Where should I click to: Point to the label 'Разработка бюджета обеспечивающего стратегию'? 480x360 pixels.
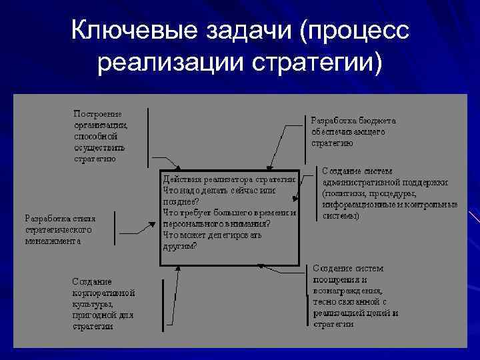353,131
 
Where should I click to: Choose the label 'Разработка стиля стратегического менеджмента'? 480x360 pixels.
59,229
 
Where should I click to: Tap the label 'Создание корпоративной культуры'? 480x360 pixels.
103,304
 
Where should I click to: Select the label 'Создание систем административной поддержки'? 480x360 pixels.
387,193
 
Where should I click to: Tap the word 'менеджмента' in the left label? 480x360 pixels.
53,241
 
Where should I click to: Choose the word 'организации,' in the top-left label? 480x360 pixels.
100,125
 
